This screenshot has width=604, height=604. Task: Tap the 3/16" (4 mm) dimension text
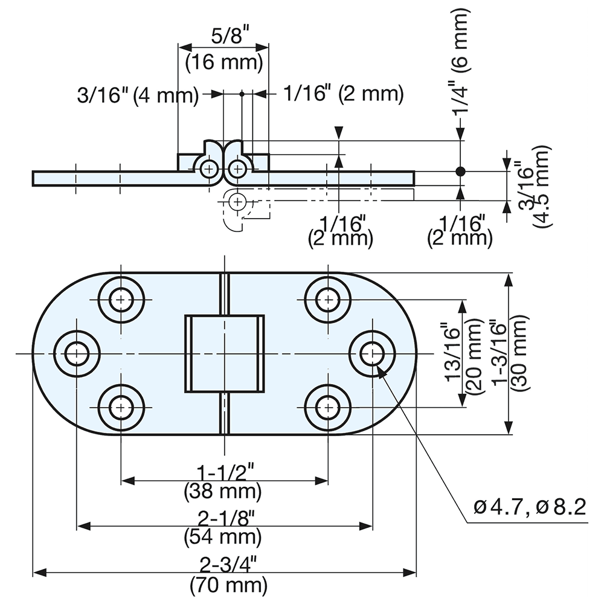tap(138, 95)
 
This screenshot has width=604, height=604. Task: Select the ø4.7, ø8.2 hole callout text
tap(529, 507)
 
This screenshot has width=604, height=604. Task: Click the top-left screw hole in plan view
tap(122, 300)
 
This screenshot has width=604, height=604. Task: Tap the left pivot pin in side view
tap(210, 169)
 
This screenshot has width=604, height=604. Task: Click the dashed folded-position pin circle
tap(238, 201)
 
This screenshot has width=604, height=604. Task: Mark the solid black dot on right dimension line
tap(461, 172)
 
